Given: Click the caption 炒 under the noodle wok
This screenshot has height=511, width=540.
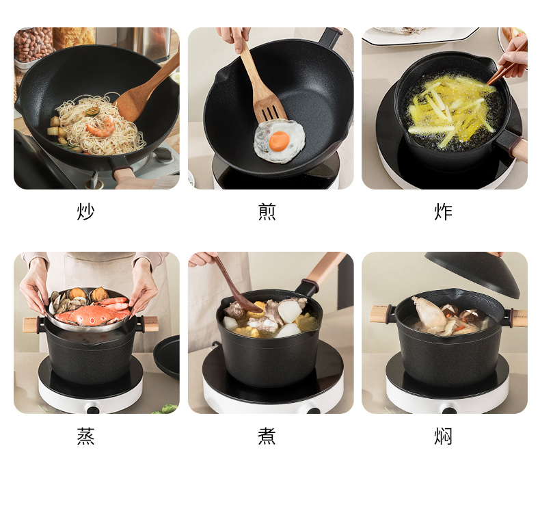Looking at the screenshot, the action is click(x=85, y=211).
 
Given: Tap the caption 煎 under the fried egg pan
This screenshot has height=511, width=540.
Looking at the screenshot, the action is click(x=267, y=211).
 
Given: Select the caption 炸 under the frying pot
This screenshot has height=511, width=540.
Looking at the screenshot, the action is click(x=443, y=211).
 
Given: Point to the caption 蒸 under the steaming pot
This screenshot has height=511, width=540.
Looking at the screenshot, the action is click(x=85, y=436).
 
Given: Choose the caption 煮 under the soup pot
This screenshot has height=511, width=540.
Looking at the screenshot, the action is click(x=267, y=436).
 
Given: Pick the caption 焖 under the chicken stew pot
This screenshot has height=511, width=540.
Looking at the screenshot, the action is click(x=443, y=436).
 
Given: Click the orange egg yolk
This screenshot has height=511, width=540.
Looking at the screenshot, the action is click(x=280, y=142).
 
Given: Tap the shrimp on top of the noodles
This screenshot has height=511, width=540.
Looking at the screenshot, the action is click(x=101, y=127).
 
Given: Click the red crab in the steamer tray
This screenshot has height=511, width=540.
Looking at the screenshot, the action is click(x=93, y=312).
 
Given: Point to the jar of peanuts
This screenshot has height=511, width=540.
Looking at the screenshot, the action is click(x=33, y=44).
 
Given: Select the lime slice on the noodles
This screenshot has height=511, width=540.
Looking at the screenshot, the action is click(x=94, y=112).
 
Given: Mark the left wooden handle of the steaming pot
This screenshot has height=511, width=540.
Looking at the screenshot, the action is click(x=31, y=324).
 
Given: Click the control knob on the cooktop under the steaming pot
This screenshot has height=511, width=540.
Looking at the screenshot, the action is click(x=93, y=409).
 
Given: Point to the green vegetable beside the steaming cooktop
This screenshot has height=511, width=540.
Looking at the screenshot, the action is click(x=167, y=409).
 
